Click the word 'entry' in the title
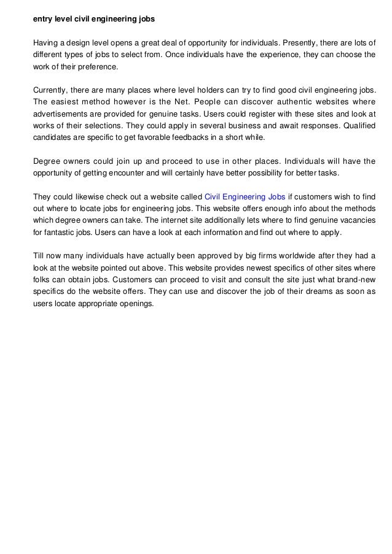(42, 19)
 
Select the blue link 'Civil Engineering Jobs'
(244, 196)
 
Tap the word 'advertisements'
(60, 114)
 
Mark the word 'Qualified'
(357, 126)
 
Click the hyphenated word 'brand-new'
(356, 280)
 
